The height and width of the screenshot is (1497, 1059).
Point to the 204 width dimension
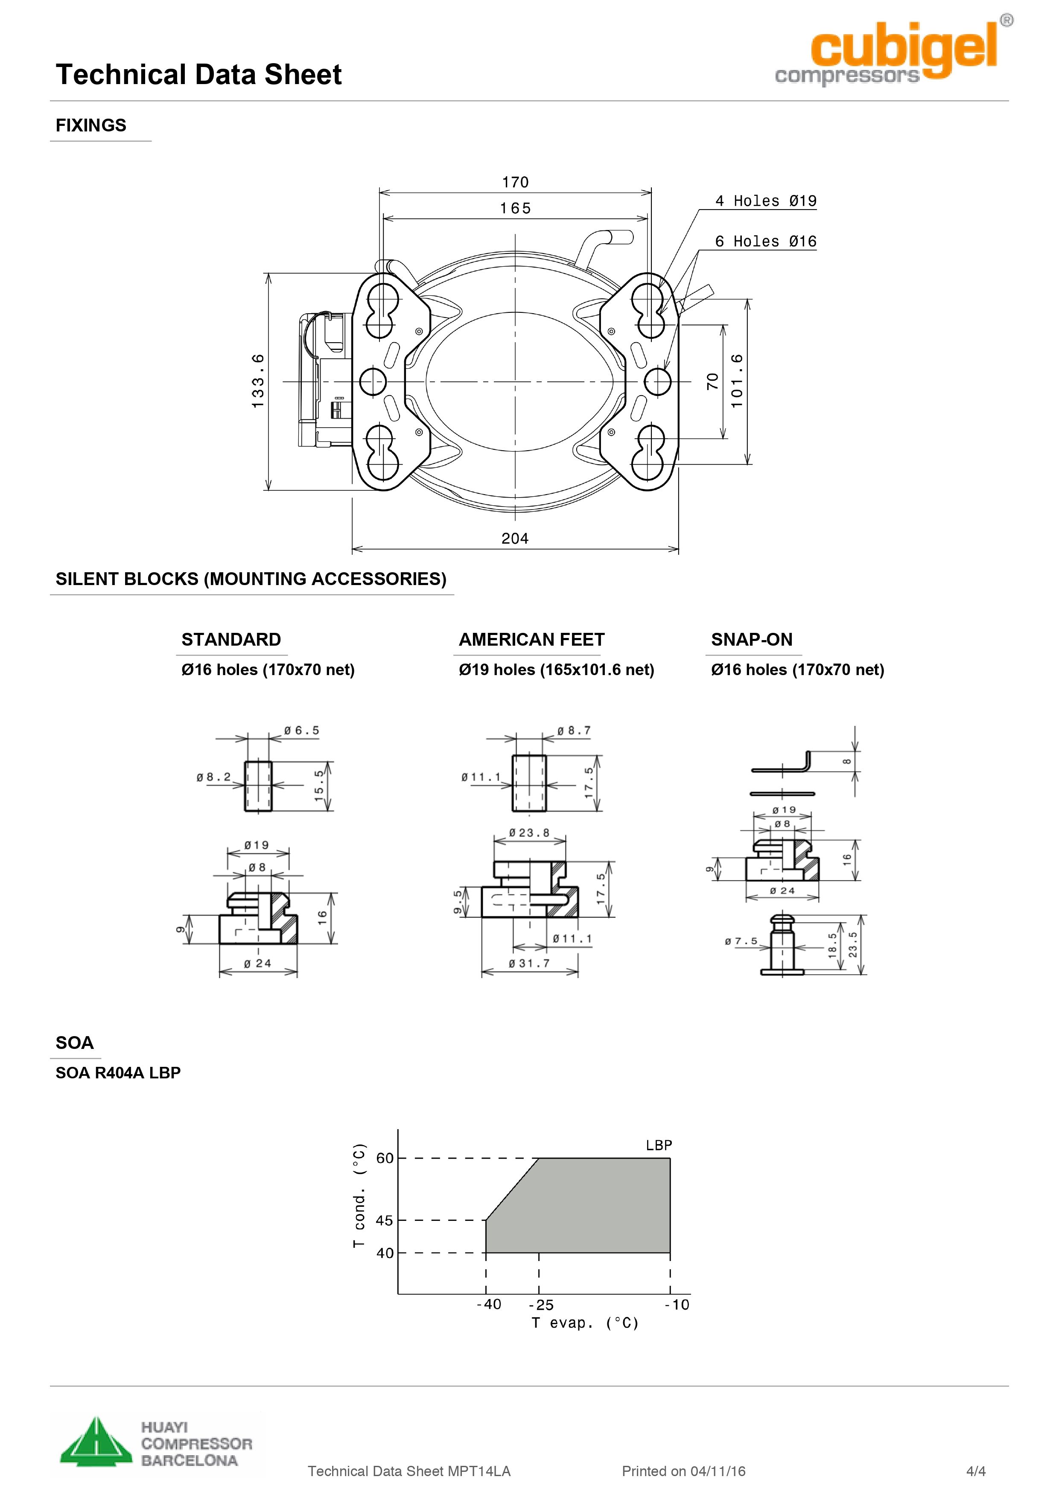[514, 539]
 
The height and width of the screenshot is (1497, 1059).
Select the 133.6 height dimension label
[258, 382]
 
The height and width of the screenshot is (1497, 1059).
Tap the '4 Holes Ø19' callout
[766, 201]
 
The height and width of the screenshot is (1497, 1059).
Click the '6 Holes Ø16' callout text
[766, 241]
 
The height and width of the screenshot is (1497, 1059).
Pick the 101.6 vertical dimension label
[737, 382]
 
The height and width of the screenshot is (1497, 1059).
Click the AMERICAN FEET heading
[531, 640]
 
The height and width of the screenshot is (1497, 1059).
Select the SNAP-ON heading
[752, 640]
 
